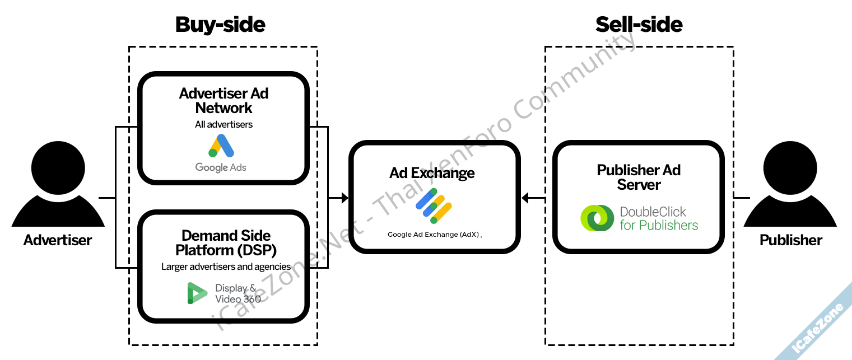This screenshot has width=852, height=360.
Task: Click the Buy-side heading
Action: coord(220,25)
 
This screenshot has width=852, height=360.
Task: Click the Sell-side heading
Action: coord(639,25)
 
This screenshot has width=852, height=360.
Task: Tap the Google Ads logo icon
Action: coord(221,146)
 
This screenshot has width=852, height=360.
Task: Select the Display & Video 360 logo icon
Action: coord(197,293)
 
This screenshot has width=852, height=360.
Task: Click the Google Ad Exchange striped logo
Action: coord(434,205)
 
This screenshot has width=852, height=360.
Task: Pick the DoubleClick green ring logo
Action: coord(597,218)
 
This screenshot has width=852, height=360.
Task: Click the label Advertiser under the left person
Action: coord(58,240)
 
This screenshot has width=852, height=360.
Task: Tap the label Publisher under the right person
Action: coord(791,240)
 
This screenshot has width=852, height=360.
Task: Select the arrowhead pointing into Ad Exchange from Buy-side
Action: coord(344,198)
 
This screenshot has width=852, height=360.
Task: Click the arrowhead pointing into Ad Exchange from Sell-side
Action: coord(525,198)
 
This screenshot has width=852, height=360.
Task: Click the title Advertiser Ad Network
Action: coord(224,101)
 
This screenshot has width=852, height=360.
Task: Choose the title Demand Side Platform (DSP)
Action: coord(226,242)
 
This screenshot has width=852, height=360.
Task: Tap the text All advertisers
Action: coord(224,124)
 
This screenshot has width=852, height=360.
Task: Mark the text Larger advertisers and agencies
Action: coord(226,267)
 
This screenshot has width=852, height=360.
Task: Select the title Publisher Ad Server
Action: coord(639,177)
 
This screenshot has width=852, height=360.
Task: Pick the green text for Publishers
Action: coord(659,225)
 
